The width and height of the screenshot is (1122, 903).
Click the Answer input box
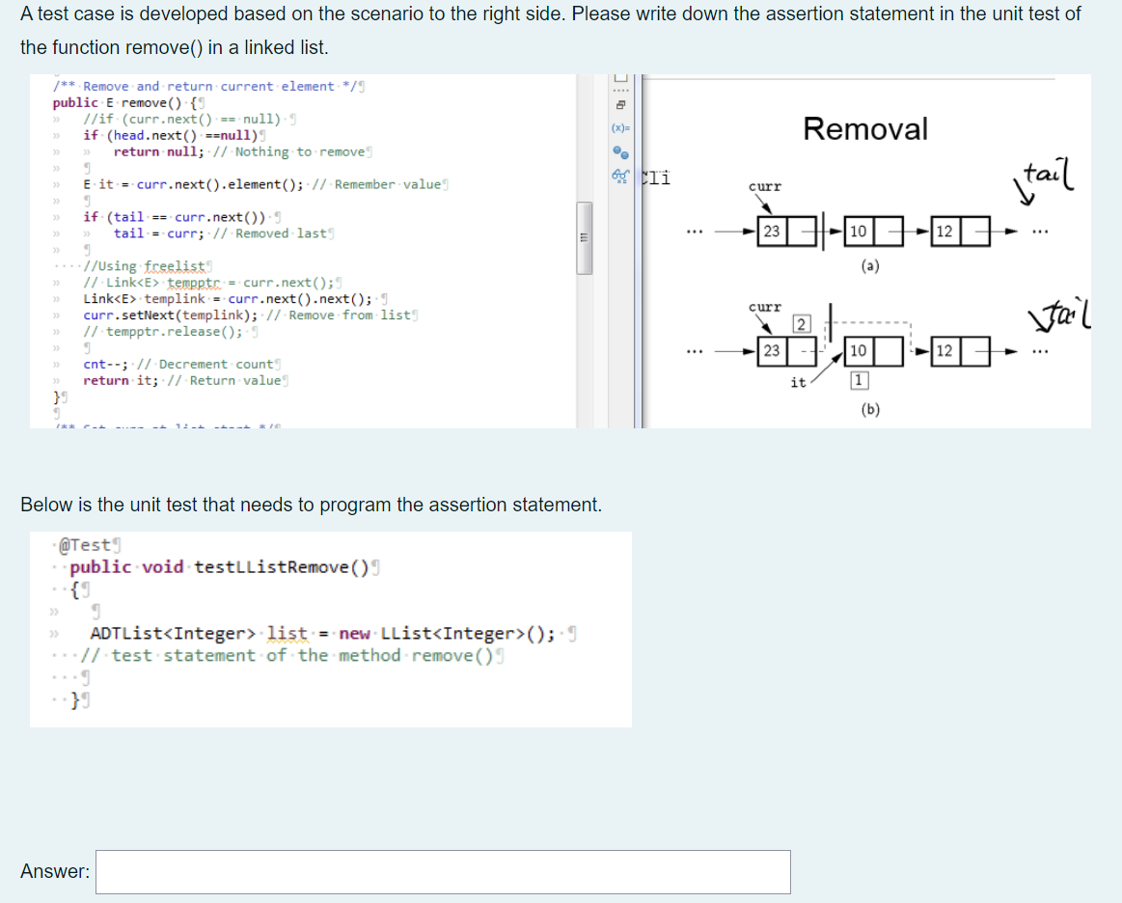point(443,871)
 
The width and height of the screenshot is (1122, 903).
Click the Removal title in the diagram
point(864,128)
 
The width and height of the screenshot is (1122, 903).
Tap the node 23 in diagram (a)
point(772,232)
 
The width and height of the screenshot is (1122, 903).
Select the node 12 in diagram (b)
point(944,350)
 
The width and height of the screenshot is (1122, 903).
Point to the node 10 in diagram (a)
point(857,232)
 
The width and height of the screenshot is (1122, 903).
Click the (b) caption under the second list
point(870,409)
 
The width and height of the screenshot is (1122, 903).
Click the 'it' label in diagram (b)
point(798,383)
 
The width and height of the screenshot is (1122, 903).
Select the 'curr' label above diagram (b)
point(765,307)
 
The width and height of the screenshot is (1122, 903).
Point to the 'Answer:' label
point(55,871)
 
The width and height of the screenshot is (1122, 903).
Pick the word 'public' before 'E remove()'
point(75,102)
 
